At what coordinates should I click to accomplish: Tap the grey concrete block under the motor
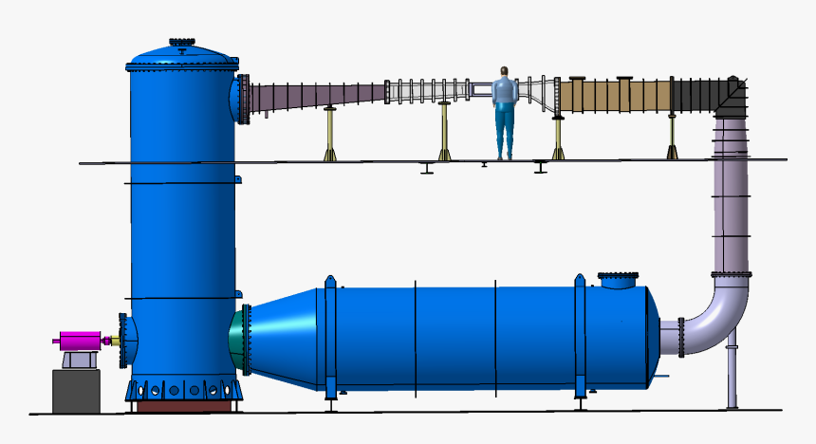pyautogui.click(x=76, y=391)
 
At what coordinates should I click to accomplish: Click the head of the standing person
pyautogui.click(x=505, y=72)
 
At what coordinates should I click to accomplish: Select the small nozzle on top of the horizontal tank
pyautogui.click(x=619, y=281)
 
